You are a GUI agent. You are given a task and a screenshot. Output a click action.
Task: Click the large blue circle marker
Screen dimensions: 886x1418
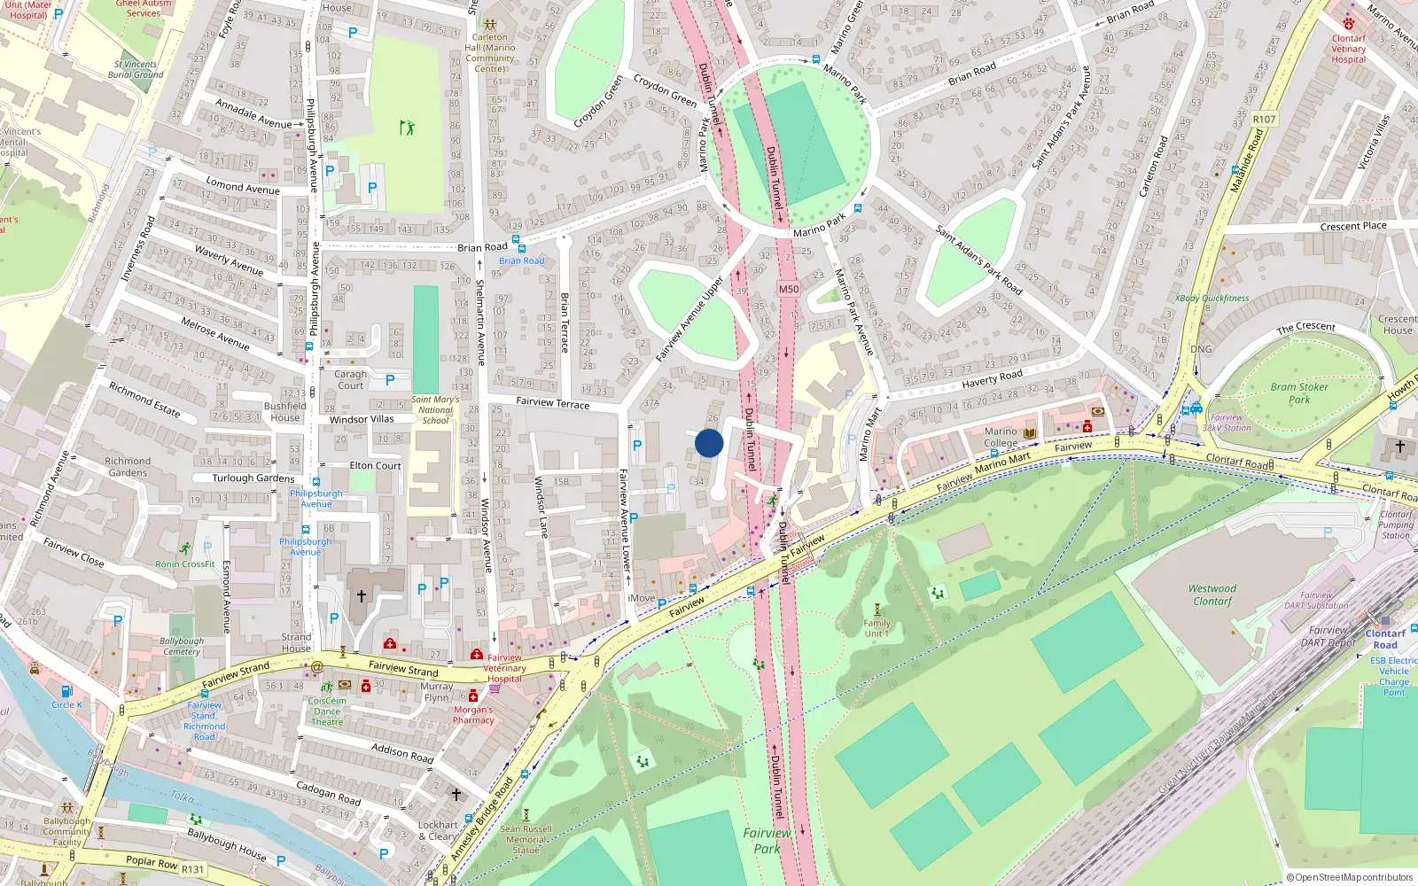pyautogui.click(x=709, y=443)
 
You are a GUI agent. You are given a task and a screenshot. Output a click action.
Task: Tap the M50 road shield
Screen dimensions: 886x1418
pyautogui.click(x=788, y=289)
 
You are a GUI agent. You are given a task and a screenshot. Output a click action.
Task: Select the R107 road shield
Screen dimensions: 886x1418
pyautogui.click(x=1264, y=119)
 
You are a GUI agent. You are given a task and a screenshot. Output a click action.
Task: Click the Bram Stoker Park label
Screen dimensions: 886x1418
pyautogui.click(x=1299, y=392)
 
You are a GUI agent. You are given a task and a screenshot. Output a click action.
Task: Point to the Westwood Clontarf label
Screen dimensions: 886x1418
pyautogui.click(x=1212, y=595)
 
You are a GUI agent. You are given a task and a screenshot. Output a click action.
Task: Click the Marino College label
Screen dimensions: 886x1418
pyautogui.click(x=1001, y=437)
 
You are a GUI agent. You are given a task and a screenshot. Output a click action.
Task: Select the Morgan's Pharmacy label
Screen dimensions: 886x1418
pyautogui.click(x=473, y=715)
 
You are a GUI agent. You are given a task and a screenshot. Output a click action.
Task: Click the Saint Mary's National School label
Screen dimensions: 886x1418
pyautogui.click(x=435, y=409)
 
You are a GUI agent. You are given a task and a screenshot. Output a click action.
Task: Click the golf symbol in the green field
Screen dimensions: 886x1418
pyautogui.click(x=407, y=128)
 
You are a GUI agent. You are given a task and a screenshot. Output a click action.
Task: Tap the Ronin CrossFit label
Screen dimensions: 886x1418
pyautogui.click(x=185, y=563)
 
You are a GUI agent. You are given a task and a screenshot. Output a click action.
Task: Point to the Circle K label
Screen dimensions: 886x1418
pyautogui.click(x=66, y=704)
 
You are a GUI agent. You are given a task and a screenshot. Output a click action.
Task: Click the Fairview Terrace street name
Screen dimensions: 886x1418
pyautogui.click(x=552, y=402)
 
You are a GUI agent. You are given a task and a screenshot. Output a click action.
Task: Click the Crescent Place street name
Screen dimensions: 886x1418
pyautogui.click(x=1352, y=226)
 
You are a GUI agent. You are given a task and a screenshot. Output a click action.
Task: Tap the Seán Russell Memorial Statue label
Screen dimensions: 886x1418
pyautogui.click(x=526, y=840)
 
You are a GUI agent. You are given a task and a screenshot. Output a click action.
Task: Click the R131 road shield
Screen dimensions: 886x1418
pyautogui.click(x=192, y=869)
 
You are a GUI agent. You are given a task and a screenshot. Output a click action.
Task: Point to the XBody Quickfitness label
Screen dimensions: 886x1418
pyautogui.click(x=1212, y=299)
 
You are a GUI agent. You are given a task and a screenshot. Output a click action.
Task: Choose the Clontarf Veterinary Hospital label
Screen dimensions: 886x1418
pyautogui.click(x=1348, y=49)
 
